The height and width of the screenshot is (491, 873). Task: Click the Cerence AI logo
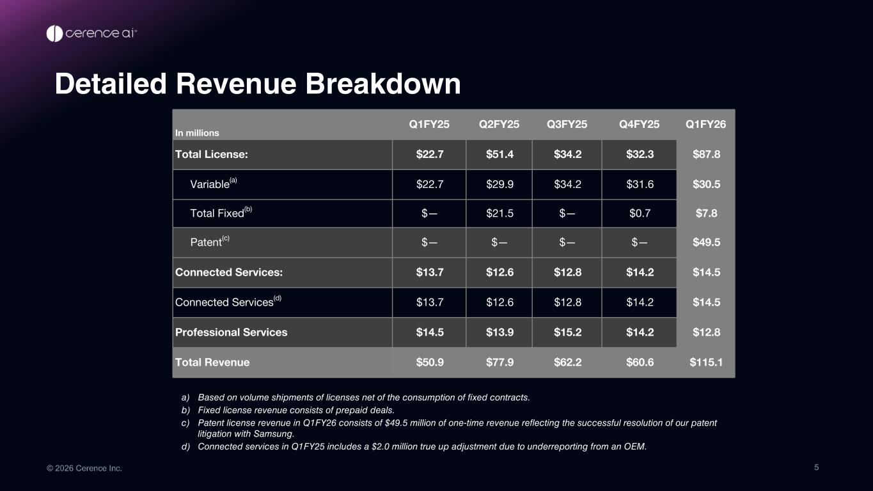click(91, 33)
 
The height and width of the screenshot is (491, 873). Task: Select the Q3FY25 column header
click(567, 124)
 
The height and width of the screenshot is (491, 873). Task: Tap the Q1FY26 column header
click(706, 124)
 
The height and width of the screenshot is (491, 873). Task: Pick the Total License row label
click(212, 154)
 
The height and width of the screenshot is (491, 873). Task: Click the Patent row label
click(210, 242)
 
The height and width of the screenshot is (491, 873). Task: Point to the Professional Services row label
click(231, 332)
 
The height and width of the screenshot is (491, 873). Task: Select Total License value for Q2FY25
click(499, 154)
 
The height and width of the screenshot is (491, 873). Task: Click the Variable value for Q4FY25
click(640, 184)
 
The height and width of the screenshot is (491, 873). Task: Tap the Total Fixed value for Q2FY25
click(499, 213)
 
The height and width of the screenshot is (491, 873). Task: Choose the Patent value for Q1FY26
click(706, 242)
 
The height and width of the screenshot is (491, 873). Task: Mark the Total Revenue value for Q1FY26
click(706, 362)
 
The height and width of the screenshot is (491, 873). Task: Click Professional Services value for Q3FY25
click(567, 332)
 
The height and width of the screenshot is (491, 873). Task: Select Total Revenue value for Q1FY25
click(430, 362)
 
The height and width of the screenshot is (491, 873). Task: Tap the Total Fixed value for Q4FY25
click(640, 213)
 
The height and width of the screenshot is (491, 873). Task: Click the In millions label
click(197, 133)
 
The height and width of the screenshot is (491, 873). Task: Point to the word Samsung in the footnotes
click(273, 433)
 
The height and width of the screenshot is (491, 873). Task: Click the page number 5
click(817, 467)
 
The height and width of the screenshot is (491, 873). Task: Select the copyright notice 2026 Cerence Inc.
click(84, 468)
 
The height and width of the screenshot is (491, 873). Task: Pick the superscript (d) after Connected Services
click(278, 298)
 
